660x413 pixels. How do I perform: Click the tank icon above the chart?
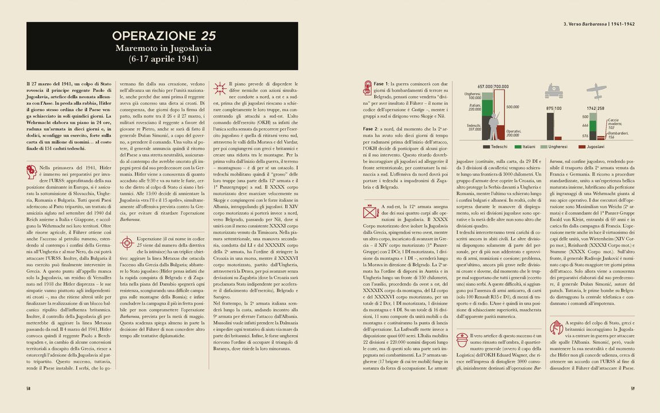click(x=553, y=91)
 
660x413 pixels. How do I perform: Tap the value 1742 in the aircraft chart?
click(x=592, y=108)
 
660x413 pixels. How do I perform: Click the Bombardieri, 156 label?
click(x=619, y=135)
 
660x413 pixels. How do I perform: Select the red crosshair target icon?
click(x=127, y=243)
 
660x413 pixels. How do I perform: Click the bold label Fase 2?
click(x=374, y=128)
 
